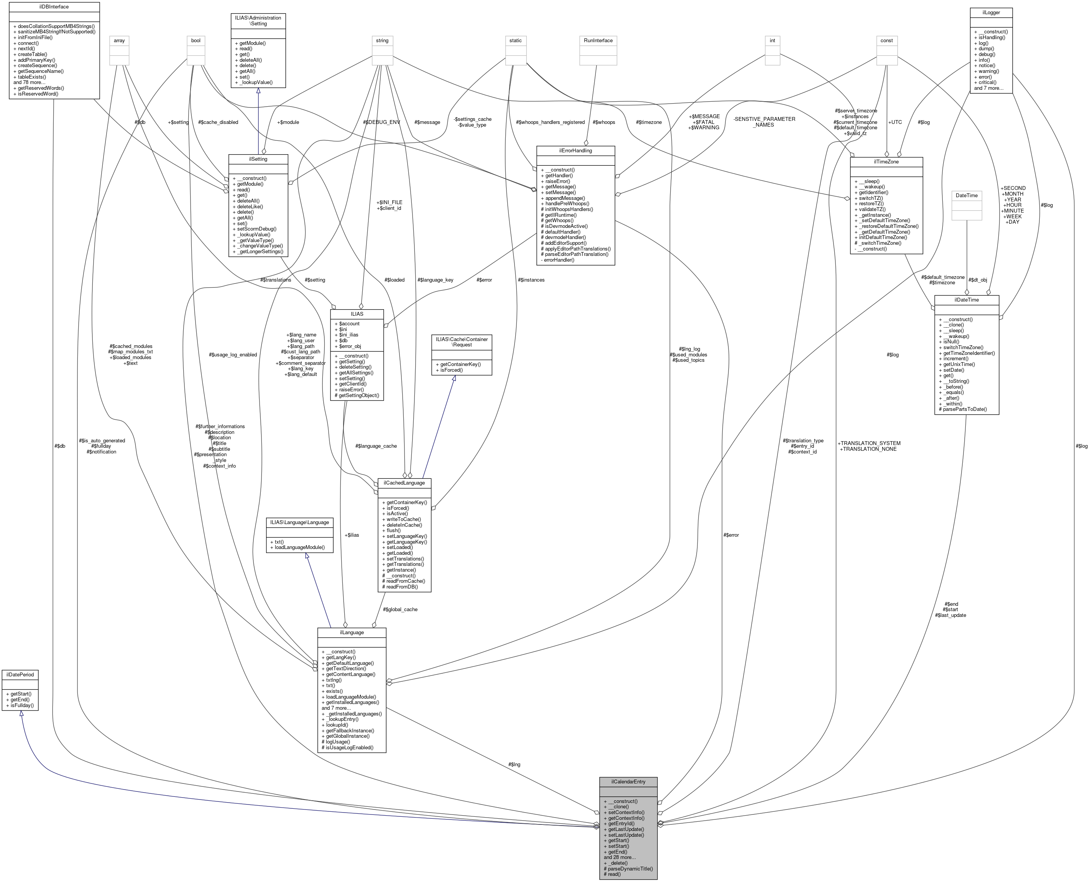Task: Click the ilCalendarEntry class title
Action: (x=628, y=781)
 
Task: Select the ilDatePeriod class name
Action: (x=20, y=674)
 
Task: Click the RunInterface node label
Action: (x=598, y=41)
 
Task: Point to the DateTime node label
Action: (x=966, y=195)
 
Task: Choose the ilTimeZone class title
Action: (x=886, y=162)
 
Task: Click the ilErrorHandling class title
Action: (x=575, y=151)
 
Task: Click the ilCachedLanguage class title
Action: (x=404, y=483)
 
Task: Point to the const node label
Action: (x=886, y=41)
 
